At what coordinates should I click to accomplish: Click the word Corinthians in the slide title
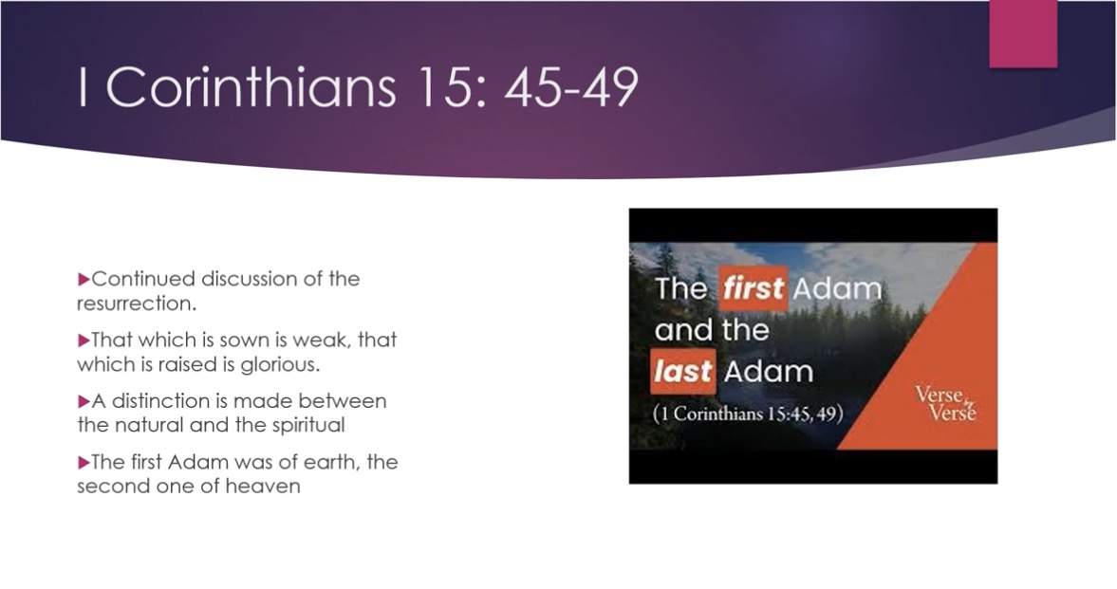click(250, 87)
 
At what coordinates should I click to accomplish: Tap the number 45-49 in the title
click(571, 87)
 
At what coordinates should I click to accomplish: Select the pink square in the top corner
click(1023, 34)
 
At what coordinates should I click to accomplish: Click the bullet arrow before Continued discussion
click(84, 279)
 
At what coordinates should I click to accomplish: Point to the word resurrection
click(136, 304)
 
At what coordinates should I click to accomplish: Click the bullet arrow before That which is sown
click(84, 340)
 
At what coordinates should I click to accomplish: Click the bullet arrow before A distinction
click(84, 401)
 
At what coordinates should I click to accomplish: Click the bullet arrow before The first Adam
click(84, 462)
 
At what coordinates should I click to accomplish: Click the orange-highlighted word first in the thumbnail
click(753, 288)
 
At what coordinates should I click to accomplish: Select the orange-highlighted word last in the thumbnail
click(682, 371)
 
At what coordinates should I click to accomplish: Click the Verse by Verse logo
click(946, 404)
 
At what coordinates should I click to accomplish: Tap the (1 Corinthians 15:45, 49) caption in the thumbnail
click(748, 414)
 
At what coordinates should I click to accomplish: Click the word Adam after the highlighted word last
click(768, 371)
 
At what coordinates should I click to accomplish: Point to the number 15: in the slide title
click(451, 87)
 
